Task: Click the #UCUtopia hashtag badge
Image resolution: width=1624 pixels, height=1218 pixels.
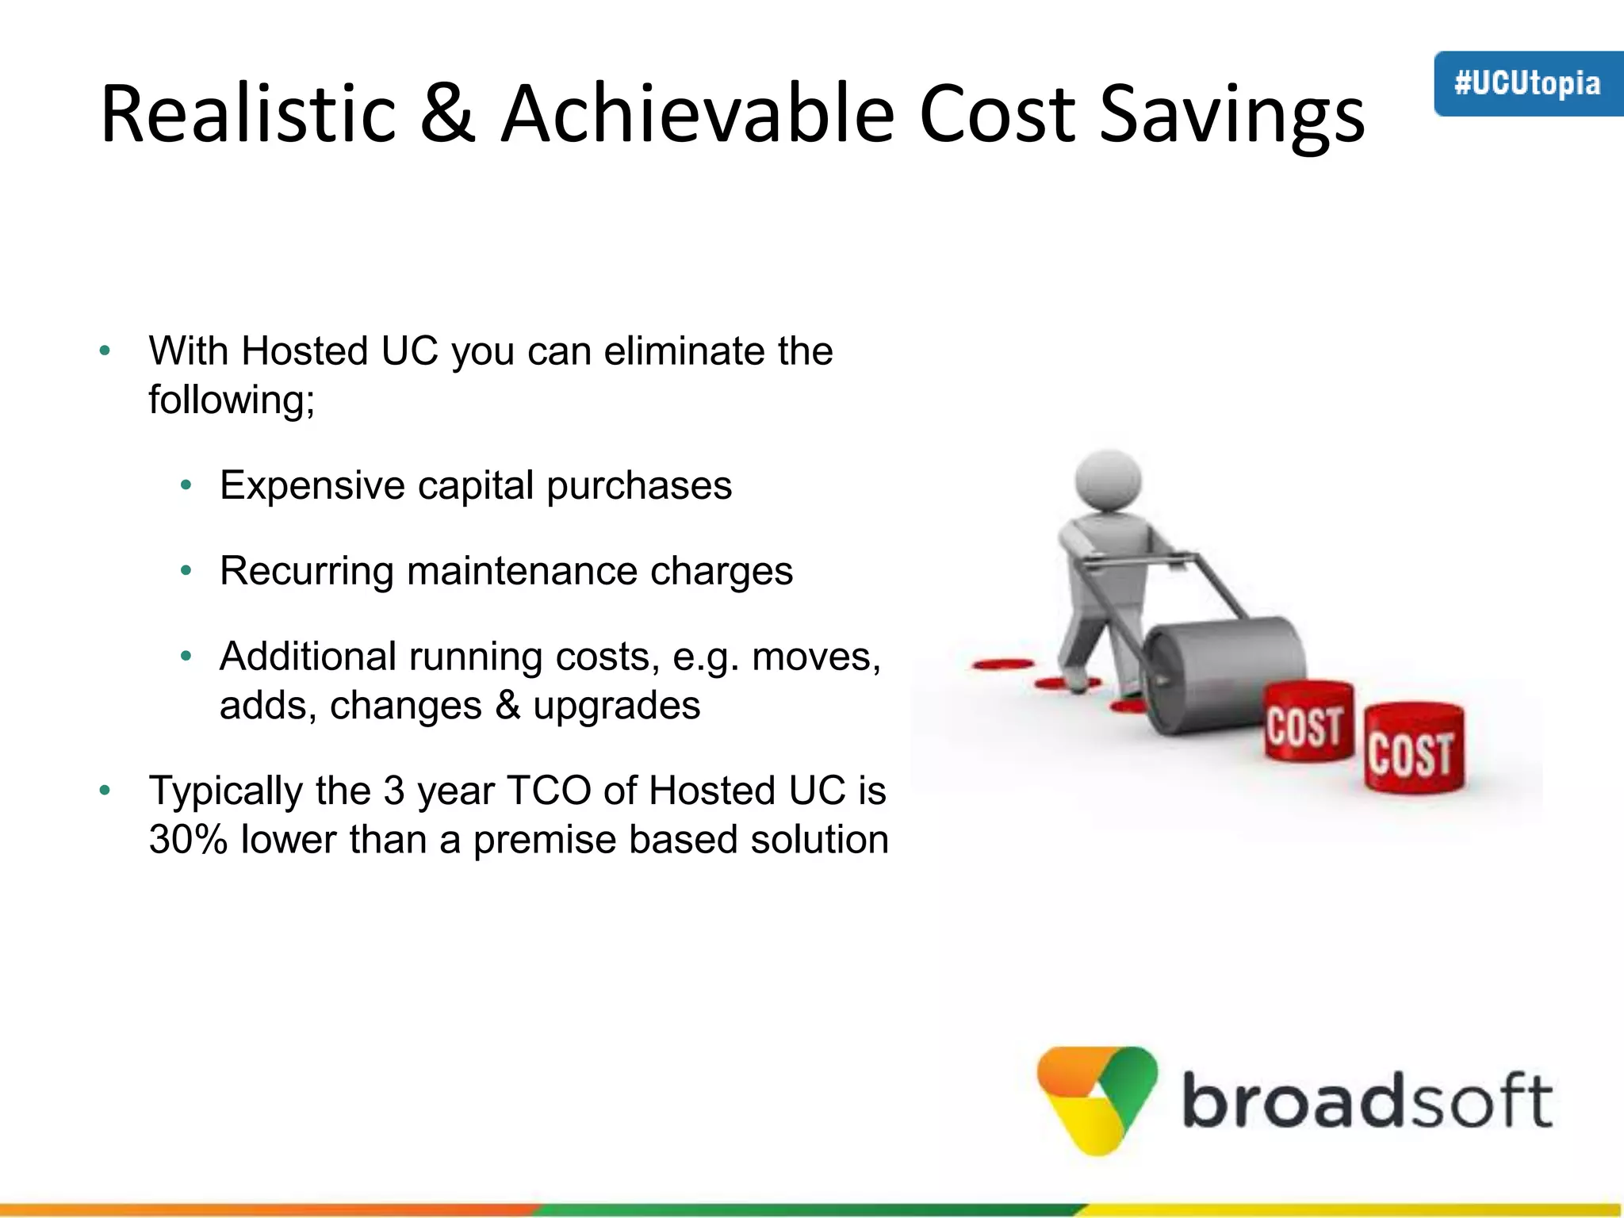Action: coord(1527,84)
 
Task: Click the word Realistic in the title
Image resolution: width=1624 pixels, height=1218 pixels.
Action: coord(247,115)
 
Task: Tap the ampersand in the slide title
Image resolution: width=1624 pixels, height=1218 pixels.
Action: coord(448,115)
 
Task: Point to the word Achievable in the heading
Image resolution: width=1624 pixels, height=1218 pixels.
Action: coord(698,115)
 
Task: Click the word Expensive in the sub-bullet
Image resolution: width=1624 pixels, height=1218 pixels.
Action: coord(312,486)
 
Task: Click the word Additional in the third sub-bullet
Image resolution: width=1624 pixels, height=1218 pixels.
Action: coord(308,657)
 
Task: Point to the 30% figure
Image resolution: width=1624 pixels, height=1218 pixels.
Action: coord(188,840)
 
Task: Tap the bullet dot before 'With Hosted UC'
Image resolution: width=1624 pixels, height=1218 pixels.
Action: coord(105,351)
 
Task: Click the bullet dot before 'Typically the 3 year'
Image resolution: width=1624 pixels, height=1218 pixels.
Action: coord(105,791)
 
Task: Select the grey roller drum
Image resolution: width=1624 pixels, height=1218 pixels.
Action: coord(1225,674)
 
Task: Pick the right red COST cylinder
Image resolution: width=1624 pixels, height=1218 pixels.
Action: coord(1413,748)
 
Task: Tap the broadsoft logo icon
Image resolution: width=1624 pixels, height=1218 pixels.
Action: coord(1097,1099)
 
